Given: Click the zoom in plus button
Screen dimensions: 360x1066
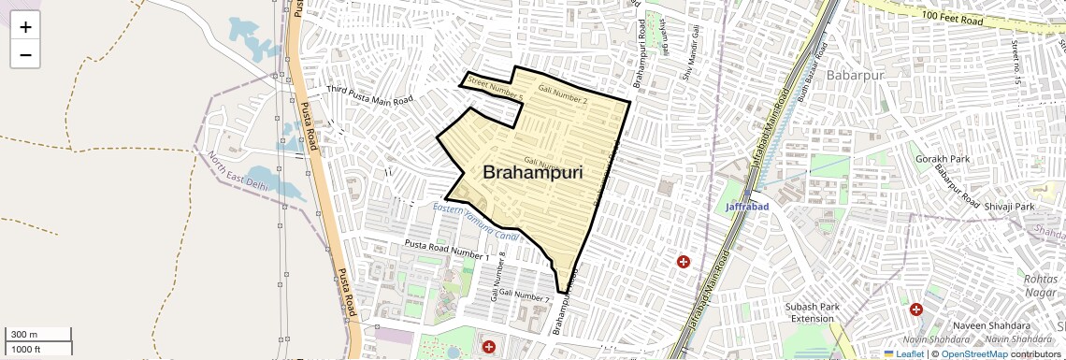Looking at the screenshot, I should click(x=25, y=26).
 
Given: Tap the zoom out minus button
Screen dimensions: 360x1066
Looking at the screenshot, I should click(x=25, y=54).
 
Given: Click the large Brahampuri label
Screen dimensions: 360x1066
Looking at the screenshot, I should click(x=533, y=173).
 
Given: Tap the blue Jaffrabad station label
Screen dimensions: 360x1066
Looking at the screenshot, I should click(x=748, y=206).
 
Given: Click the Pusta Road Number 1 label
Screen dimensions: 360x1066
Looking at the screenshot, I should click(x=446, y=250).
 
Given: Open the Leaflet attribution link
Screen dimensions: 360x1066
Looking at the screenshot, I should click(x=904, y=353).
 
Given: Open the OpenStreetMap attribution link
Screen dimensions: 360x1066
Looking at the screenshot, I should click(x=973, y=353).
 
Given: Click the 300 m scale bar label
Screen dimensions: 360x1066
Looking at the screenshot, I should click(x=24, y=335).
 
